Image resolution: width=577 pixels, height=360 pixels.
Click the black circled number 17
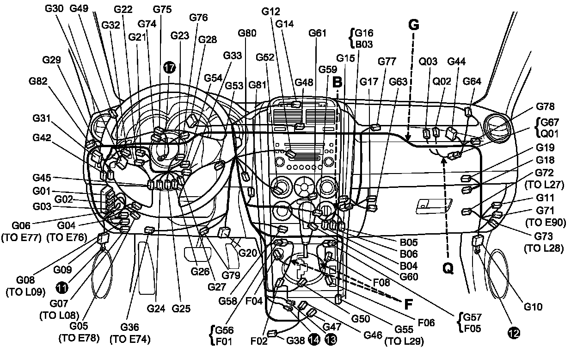tap(170, 68)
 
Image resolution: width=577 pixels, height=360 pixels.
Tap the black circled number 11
tap(61, 287)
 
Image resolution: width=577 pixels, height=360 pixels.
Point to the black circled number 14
tap(314, 340)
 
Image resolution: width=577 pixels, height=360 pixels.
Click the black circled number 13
tap(331, 340)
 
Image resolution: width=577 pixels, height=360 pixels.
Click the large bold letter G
tap(414, 25)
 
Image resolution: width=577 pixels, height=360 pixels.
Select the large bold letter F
tap(408, 304)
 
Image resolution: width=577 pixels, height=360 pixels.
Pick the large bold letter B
tap(338, 82)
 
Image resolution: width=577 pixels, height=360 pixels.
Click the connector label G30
tap(55, 8)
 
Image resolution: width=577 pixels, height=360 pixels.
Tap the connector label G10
tap(533, 306)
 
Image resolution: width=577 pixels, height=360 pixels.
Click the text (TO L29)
tap(404, 343)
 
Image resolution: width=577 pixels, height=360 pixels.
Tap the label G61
tap(318, 33)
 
